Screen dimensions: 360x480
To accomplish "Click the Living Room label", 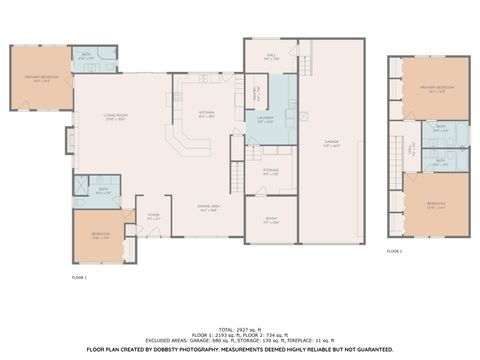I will click(x=118, y=117).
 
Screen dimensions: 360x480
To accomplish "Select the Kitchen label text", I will click(x=206, y=113).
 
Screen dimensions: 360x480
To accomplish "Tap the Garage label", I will click(x=331, y=143).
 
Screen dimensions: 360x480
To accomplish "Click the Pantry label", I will click(x=255, y=96).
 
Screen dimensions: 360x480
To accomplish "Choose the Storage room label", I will click(x=270, y=171).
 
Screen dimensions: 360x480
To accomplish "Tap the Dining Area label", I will click(x=209, y=207).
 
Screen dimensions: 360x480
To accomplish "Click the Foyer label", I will click(x=154, y=216).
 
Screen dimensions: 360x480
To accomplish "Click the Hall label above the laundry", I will click(x=271, y=56).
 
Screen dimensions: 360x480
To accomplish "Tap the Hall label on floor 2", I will click(x=410, y=148).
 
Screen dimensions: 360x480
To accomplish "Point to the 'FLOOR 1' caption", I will click(x=79, y=276).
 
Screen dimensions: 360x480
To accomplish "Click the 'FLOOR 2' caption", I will click(x=395, y=252).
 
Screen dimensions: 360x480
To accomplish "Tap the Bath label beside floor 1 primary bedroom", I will click(x=86, y=57).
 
